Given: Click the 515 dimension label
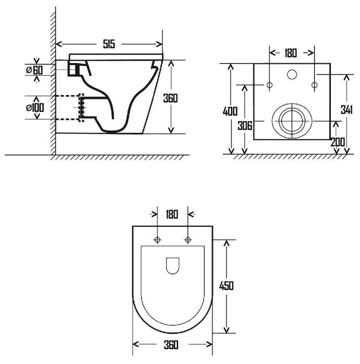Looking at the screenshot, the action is (x=109, y=44).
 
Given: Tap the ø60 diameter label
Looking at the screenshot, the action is (x=35, y=70).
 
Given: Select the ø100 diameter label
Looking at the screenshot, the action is (x=35, y=107).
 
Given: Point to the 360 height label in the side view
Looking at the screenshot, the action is (x=170, y=98).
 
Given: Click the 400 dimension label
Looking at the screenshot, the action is (x=230, y=111).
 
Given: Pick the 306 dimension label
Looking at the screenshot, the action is (x=245, y=126).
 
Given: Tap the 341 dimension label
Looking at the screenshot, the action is (x=347, y=109).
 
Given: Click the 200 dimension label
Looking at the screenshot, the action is (x=338, y=142).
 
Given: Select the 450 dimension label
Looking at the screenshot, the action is (x=226, y=286).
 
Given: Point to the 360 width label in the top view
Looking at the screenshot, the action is (x=171, y=345).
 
